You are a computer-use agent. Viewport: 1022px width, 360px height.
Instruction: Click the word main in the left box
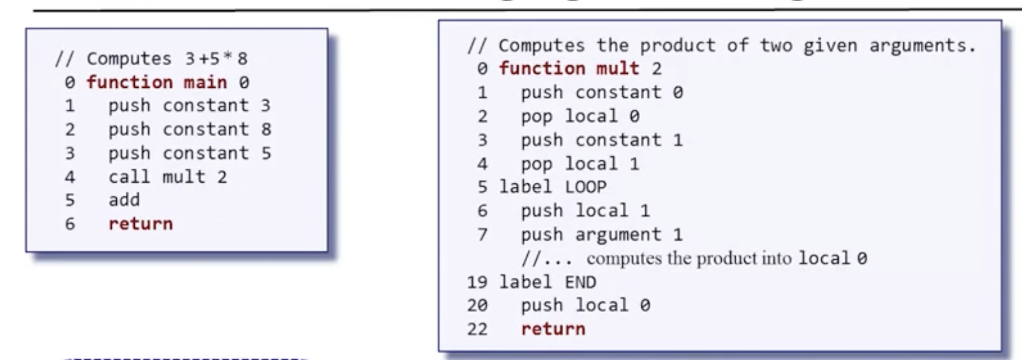205,82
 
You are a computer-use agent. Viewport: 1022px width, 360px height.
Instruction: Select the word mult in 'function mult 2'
617,68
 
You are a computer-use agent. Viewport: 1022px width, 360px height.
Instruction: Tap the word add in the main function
124,200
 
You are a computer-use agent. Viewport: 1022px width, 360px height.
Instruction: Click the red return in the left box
140,224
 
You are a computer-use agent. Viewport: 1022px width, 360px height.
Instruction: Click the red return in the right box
553,329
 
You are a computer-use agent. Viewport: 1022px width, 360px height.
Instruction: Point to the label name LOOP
585,187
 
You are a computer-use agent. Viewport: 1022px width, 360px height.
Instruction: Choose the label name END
580,282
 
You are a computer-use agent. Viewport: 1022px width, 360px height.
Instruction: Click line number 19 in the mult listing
477,282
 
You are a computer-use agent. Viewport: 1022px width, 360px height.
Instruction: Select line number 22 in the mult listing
477,329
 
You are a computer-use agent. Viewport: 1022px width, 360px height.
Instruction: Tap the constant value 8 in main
266,129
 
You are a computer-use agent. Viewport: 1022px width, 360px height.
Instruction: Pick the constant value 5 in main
266,153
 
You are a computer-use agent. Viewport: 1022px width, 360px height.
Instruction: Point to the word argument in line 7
618,234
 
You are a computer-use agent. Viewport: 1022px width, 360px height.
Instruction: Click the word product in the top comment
677,45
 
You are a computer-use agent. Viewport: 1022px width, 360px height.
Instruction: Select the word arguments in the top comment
922,45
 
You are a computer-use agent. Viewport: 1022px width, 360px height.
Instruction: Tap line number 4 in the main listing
69,177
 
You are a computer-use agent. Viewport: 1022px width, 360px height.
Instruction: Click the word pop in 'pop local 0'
537,116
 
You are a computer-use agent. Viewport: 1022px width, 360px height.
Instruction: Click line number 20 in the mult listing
477,305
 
